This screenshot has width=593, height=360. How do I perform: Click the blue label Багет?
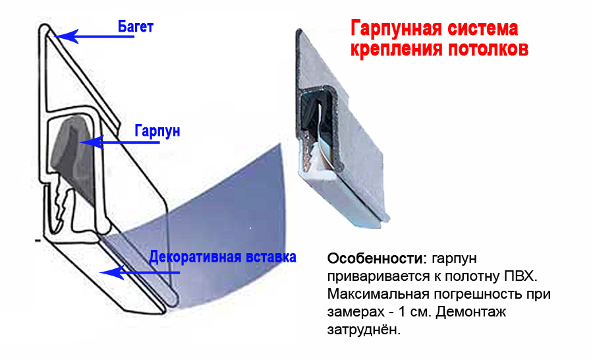(x=135, y=27)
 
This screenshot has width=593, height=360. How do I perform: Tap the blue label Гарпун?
(x=157, y=131)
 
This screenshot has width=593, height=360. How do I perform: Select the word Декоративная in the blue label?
(x=196, y=257)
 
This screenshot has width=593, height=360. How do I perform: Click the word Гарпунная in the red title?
(x=395, y=30)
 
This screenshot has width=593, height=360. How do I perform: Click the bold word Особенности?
(x=377, y=258)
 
